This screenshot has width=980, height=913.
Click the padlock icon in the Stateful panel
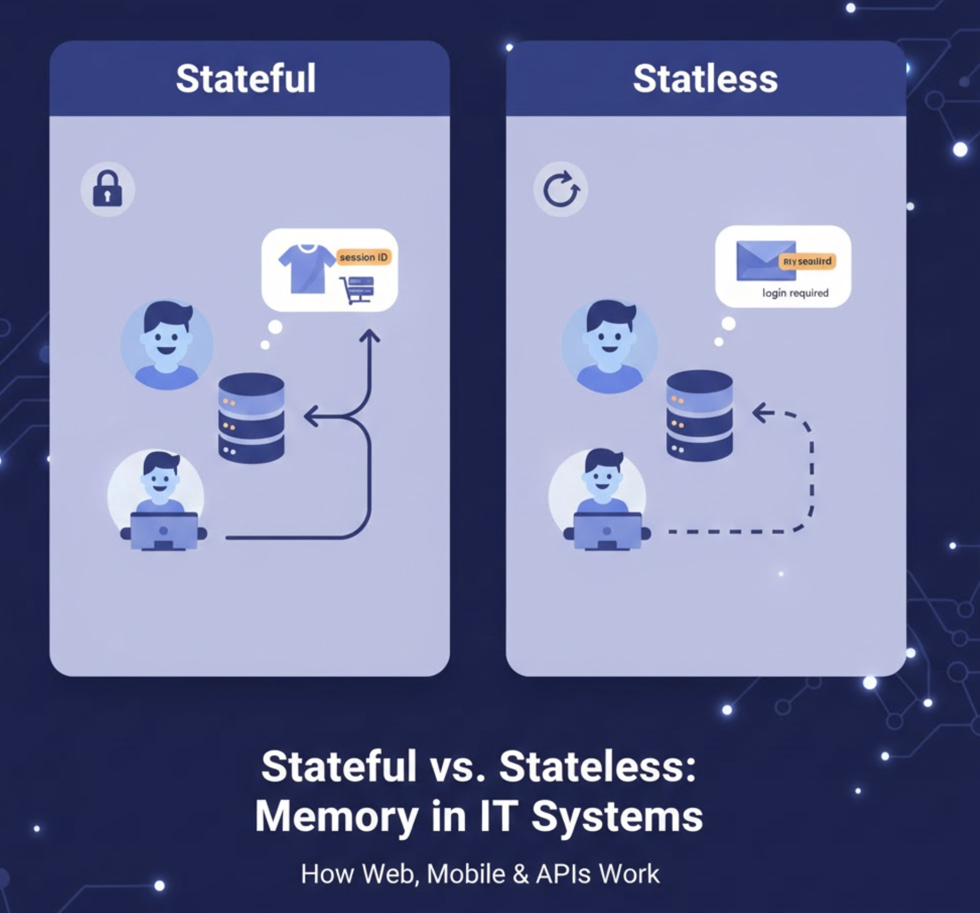107,189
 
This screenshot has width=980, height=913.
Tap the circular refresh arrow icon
561,189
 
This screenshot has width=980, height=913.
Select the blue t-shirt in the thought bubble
306,268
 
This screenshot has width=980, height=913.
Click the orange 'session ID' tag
364,257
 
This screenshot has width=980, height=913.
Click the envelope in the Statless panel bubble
765,261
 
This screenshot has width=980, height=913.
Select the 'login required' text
795,293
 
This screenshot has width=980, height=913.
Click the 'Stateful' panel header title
246,79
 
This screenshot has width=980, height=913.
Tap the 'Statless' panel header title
705,79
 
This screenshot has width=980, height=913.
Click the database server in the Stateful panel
251,417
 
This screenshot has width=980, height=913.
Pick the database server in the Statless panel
699,415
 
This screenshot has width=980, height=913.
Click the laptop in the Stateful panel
164,531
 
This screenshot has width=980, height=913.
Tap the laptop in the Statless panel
607,531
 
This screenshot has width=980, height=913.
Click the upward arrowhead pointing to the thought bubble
369,337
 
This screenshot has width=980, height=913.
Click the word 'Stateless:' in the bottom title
597,766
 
